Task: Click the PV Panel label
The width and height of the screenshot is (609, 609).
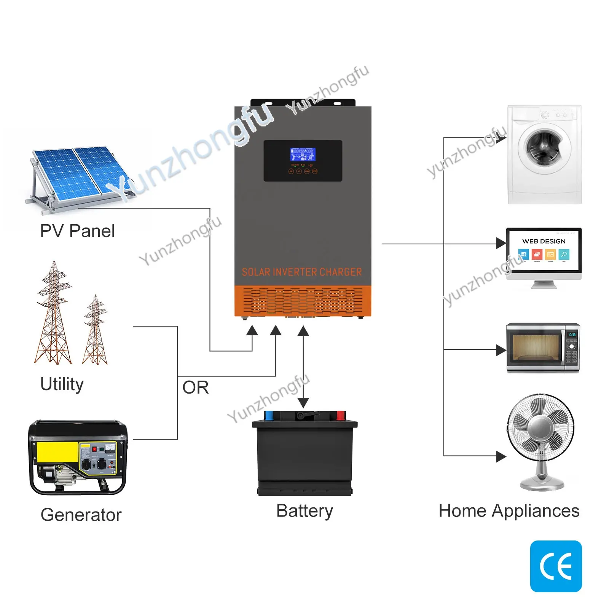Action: click(77, 231)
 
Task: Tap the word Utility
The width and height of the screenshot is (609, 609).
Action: click(62, 384)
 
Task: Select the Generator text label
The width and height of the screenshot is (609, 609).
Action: click(81, 515)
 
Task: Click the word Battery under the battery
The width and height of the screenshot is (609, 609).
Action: click(304, 511)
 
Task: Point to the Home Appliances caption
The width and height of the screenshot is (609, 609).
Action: click(509, 511)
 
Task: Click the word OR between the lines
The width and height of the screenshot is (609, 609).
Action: click(196, 387)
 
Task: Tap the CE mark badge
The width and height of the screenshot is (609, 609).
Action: click(556, 566)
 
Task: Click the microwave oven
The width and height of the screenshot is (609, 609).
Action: click(543, 348)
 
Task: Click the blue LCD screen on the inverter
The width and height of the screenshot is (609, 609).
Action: click(303, 155)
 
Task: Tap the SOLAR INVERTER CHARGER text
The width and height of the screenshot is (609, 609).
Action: click(302, 272)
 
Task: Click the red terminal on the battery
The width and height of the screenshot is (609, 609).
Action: click(340, 415)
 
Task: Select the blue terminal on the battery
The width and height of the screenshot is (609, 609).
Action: click(269, 415)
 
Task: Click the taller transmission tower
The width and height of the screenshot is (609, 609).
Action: click(54, 316)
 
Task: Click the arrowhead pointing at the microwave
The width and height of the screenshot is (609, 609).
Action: click(501, 350)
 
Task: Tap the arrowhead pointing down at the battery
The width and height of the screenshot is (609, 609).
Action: click(303, 403)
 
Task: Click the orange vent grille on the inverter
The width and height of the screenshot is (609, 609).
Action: click(303, 301)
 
